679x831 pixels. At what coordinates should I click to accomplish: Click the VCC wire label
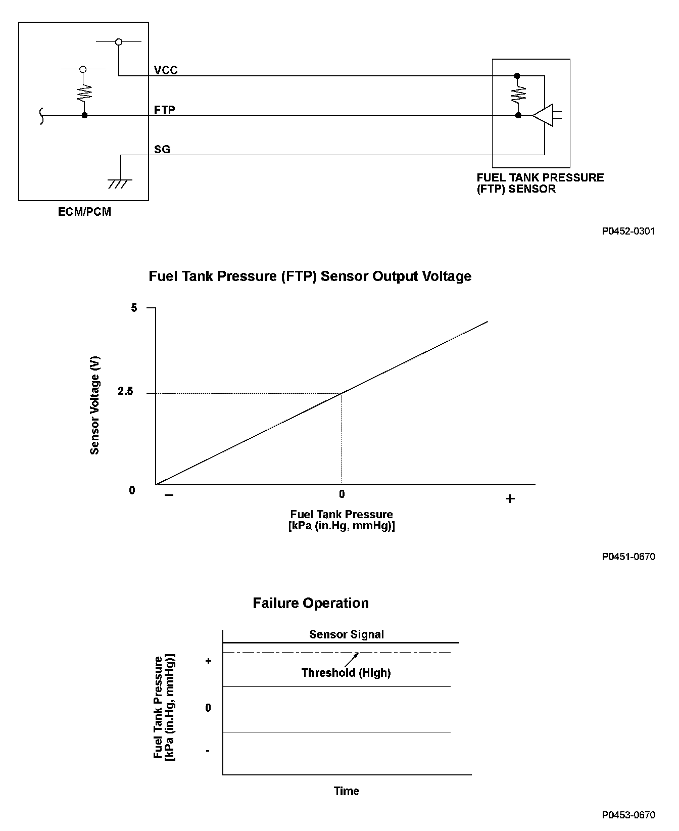point(166,70)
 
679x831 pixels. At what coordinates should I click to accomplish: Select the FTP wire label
point(165,110)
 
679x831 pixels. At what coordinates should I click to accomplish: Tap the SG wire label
point(162,149)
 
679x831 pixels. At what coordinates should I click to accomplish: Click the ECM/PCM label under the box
point(84,212)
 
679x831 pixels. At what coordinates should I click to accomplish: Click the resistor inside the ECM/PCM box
point(84,93)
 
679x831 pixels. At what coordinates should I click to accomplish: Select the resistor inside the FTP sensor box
point(518,95)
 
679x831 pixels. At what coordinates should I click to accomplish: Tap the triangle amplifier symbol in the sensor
point(543,116)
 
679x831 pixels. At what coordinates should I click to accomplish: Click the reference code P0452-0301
point(628,232)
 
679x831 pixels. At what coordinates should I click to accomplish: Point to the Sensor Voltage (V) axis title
point(94,406)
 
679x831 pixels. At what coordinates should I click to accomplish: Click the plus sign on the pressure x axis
point(510,499)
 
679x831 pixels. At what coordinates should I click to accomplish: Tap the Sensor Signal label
point(347,634)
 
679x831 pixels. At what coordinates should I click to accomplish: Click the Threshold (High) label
point(346,673)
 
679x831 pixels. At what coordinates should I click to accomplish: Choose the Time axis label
point(347,791)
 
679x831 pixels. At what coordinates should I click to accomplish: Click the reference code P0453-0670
point(628,814)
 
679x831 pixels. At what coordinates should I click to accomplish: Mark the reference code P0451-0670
point(628,557)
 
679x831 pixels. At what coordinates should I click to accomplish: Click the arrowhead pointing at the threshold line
point(357,654)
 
